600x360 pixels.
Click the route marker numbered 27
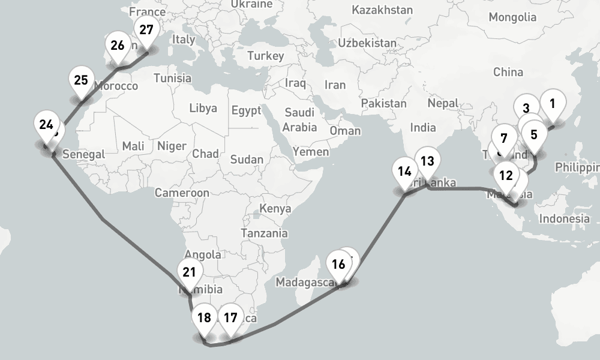click(146, 31)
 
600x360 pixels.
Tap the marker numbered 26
click(118, 46)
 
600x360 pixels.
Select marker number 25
click(81, 80)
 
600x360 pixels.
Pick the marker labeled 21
click(189, 272)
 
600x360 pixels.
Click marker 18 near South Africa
click(204, 318)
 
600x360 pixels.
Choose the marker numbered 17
click(230, 318)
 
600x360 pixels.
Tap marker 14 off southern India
click(404, 172)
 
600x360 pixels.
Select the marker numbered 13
click(427, 161)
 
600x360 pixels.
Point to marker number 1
click(553, 103)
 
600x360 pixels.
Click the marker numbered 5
click(534, 135)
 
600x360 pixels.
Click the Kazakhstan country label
click(382, 10)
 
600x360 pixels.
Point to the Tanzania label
click(264, 233)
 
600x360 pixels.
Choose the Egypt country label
click(246, 110)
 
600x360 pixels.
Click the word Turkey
click(265, 56)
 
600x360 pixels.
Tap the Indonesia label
click(564, 219)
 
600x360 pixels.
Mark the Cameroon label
click(182, 193)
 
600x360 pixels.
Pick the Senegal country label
click(83, 154)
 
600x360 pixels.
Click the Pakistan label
click(383, 103)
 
